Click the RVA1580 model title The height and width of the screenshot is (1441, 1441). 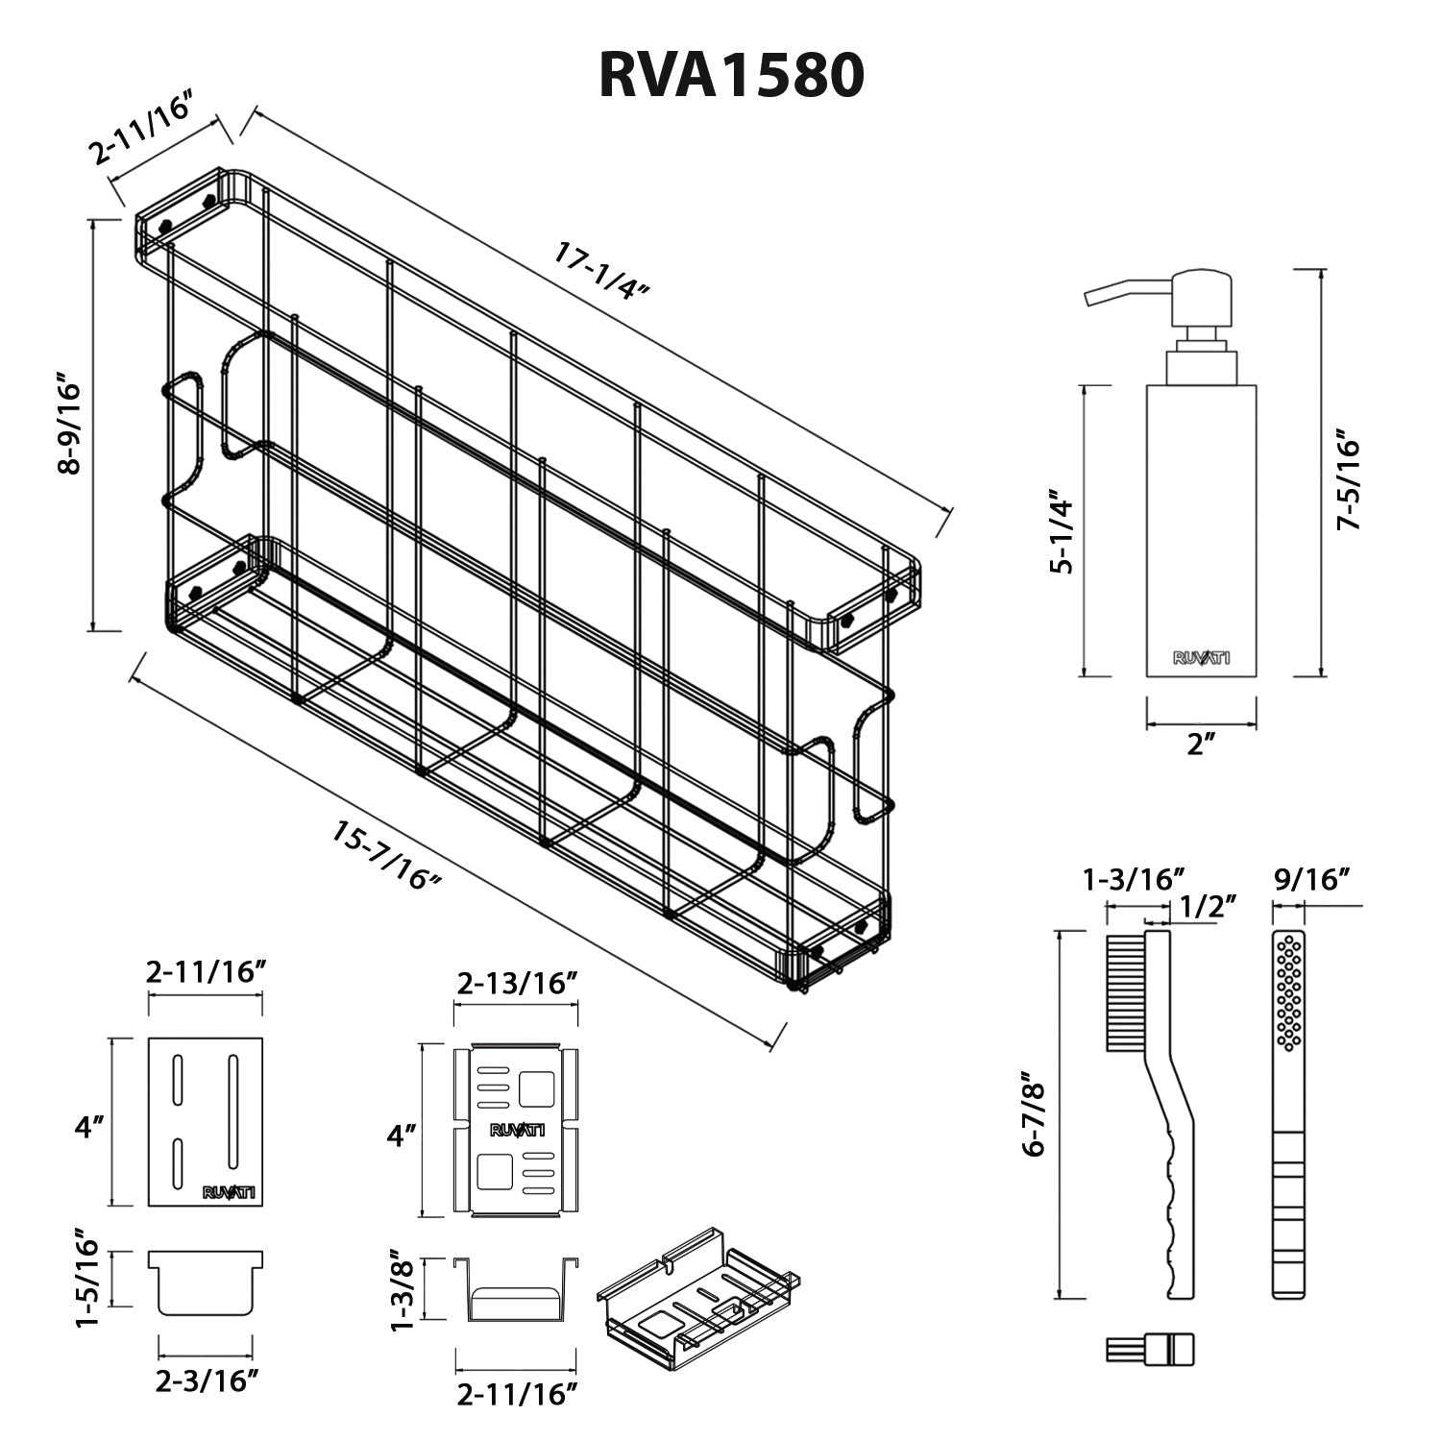(731, 75)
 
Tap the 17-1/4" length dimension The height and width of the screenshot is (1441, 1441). (602, 271)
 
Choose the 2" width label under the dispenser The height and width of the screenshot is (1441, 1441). (1202, 743)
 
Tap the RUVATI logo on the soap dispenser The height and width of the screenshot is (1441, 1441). (1201, 658)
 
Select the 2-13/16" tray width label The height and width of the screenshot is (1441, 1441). (516, 982)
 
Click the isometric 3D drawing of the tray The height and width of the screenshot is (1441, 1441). (697, 1311)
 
